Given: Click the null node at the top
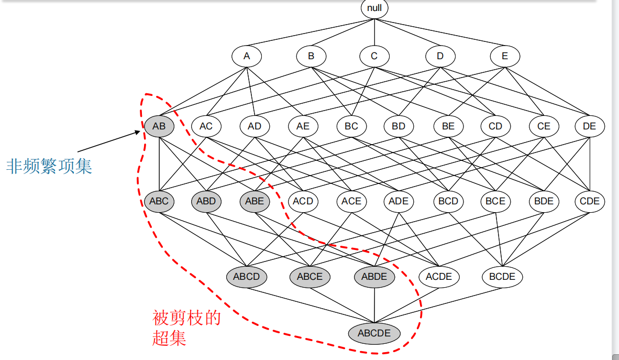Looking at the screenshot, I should [374, 8].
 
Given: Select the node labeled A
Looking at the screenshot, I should [247, 56].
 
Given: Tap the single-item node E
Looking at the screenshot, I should [505, 56].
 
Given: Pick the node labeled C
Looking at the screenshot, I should [374, 56].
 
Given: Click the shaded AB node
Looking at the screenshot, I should [159, 126].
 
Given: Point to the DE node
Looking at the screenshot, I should [590, 126].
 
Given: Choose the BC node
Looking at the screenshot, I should [351, 126].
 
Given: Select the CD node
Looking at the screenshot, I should [495, 126].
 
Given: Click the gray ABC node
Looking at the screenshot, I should [159, 201].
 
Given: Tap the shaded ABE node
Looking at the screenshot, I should [255, 201].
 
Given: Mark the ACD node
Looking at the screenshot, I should [303, 201].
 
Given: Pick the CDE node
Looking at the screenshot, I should [590, 201].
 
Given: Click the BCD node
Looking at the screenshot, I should [448, 201].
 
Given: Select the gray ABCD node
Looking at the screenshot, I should [247, 277].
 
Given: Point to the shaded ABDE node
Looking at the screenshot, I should [374, 277].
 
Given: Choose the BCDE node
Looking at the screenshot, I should [502, 277].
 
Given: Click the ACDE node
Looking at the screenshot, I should [439, 277].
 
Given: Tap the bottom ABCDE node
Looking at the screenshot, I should [374, 333].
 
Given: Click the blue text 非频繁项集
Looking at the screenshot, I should [49, 166].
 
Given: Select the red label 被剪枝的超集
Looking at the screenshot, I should [186, 328].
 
